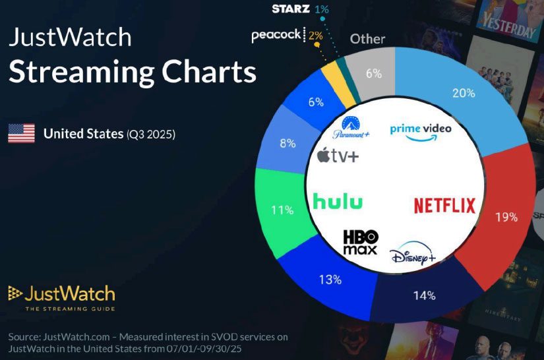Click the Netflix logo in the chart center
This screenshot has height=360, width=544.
444,205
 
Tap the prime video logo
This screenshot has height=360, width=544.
421,131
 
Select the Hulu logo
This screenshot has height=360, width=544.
338,201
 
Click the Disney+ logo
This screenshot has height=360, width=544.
412,255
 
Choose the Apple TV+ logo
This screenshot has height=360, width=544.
338,156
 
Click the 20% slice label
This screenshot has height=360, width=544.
464,93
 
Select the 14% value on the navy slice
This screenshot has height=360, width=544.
423,295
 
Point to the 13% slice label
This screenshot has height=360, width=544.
330,280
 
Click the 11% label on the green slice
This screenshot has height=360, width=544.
282,210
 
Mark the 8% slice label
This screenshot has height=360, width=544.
287,143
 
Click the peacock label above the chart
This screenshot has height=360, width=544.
276,36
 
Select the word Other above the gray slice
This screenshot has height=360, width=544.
367,39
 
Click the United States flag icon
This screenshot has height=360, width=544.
21,134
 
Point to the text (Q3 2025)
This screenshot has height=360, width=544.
151,135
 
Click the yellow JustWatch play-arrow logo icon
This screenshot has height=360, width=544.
16,293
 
